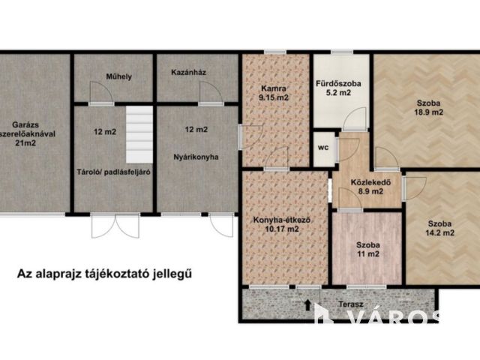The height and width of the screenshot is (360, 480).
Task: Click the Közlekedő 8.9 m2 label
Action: click(x=367, y=187)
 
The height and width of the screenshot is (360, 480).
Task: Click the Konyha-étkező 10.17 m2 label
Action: click(x=282, y=223)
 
